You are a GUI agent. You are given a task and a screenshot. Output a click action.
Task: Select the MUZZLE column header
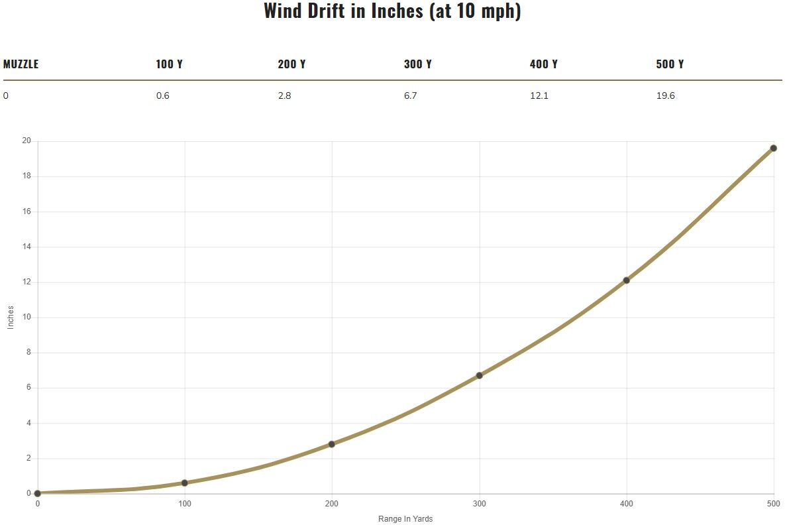pyautogui.click(x=21, y=64)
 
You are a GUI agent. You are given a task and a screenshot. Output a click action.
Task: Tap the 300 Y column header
pyautogui.click(x=417, y=64)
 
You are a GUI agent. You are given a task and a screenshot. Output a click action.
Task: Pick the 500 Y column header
pyautogui.click(x=670, y=64)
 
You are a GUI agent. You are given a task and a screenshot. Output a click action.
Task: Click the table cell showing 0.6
pyautogui.click(x=163, y=95)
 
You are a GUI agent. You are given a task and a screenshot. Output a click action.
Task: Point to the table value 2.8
pyautogui.click(x=284, y=95)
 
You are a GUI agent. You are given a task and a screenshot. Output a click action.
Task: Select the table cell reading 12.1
pyautogui.click(x=539, y=95)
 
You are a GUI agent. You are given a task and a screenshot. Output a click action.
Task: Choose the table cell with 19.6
pyautogui.click(x=665, y=95)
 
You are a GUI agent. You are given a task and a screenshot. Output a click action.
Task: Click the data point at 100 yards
pyautogui.click(x=184, y=483)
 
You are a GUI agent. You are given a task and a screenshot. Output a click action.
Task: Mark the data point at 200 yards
pyautogui.click(x=331, y=444)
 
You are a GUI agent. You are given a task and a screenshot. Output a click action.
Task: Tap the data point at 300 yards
pyautogui.click(x=479, y=375)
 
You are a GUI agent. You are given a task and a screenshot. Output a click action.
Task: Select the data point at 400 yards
pyautogui.click(x=626, y=280)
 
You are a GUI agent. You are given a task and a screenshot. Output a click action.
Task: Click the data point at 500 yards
pyautogui.click(x=774, y=148)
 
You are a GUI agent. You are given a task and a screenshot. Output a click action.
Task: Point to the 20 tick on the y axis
pyautogui.click(x=26, y=141)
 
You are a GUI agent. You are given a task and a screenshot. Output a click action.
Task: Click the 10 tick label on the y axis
pyautogui.click(x=26, y=317)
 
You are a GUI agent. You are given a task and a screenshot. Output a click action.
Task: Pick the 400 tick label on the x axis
pyautogui.click(x=626, y=504)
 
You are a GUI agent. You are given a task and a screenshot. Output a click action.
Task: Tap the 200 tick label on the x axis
pyautogui.click(x=331, y=504)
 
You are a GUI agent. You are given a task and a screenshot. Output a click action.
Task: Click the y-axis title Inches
pyautogui.click(x=11, y=317)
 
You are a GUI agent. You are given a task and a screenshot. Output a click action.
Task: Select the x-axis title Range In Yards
pyautogui.click(x=405, y=519)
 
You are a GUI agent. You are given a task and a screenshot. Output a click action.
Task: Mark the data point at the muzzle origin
pyautogui.click(x=37, y=493)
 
